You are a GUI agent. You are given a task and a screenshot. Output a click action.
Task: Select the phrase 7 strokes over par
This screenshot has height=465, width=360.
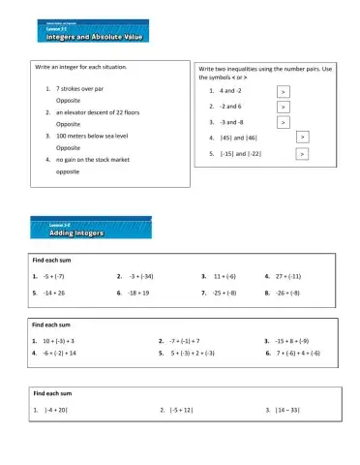[79, 88]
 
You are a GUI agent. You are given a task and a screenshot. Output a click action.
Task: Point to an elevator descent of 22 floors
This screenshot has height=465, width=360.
[94, 112]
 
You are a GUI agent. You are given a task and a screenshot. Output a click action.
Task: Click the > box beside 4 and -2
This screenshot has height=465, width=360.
[282, 91]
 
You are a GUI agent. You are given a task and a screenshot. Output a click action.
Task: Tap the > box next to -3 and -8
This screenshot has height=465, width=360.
[283, 123]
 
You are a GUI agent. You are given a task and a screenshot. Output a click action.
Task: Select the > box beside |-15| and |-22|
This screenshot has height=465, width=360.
[303, 154]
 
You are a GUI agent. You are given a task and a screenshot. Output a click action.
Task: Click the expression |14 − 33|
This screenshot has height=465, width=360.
[287, 410]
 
